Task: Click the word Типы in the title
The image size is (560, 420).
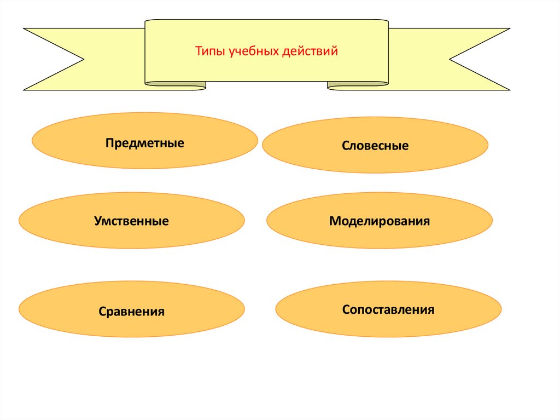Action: point(209,52)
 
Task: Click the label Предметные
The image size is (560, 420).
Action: point(145,143)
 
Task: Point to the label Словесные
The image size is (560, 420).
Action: point(375,146)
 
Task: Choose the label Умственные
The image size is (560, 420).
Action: point(131,222)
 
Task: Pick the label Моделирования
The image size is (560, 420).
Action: point(380,221)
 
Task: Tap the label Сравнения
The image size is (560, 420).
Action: point(132,312)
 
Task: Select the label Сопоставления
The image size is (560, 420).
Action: point(388,309)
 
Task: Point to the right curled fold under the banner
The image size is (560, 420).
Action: point(358,85)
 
